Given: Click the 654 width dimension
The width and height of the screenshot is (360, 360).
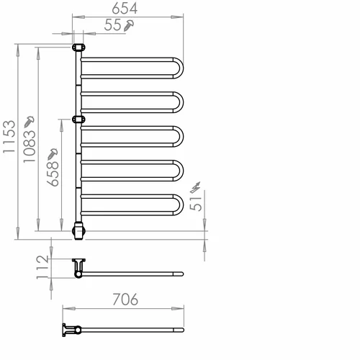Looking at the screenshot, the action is click(x=125, y=9).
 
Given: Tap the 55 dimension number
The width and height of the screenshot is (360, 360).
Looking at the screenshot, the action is click(x=112, y=25).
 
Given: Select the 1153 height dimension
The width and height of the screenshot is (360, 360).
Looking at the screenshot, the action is click(x=9, y=137).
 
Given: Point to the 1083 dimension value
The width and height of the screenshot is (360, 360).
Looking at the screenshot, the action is click(x=30, y=147).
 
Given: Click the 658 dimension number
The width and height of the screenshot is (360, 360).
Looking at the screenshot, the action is click(x=53, y=174).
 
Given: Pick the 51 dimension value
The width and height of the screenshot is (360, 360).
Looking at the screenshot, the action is click(x=196, y=204).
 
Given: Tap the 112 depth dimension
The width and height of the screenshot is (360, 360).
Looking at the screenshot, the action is click(x=42, y=267).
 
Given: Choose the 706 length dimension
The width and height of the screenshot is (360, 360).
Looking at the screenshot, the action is click(x=125, y=300).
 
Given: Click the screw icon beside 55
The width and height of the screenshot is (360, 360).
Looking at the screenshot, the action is click(x=129, y=26).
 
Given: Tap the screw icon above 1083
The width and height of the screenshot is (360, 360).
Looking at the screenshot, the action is click(x=29, y=122).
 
